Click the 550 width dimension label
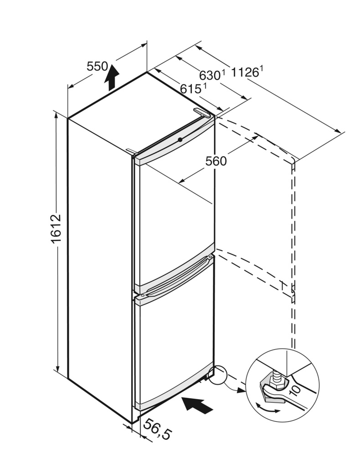[97, 66]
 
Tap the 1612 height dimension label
[56, 229]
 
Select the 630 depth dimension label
[210, 75]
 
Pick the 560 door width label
[216, 161]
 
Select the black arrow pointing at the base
[197, 405]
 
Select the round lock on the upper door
[180, 139]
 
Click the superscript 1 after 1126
[262, 68]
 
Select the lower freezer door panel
[174, 344]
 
